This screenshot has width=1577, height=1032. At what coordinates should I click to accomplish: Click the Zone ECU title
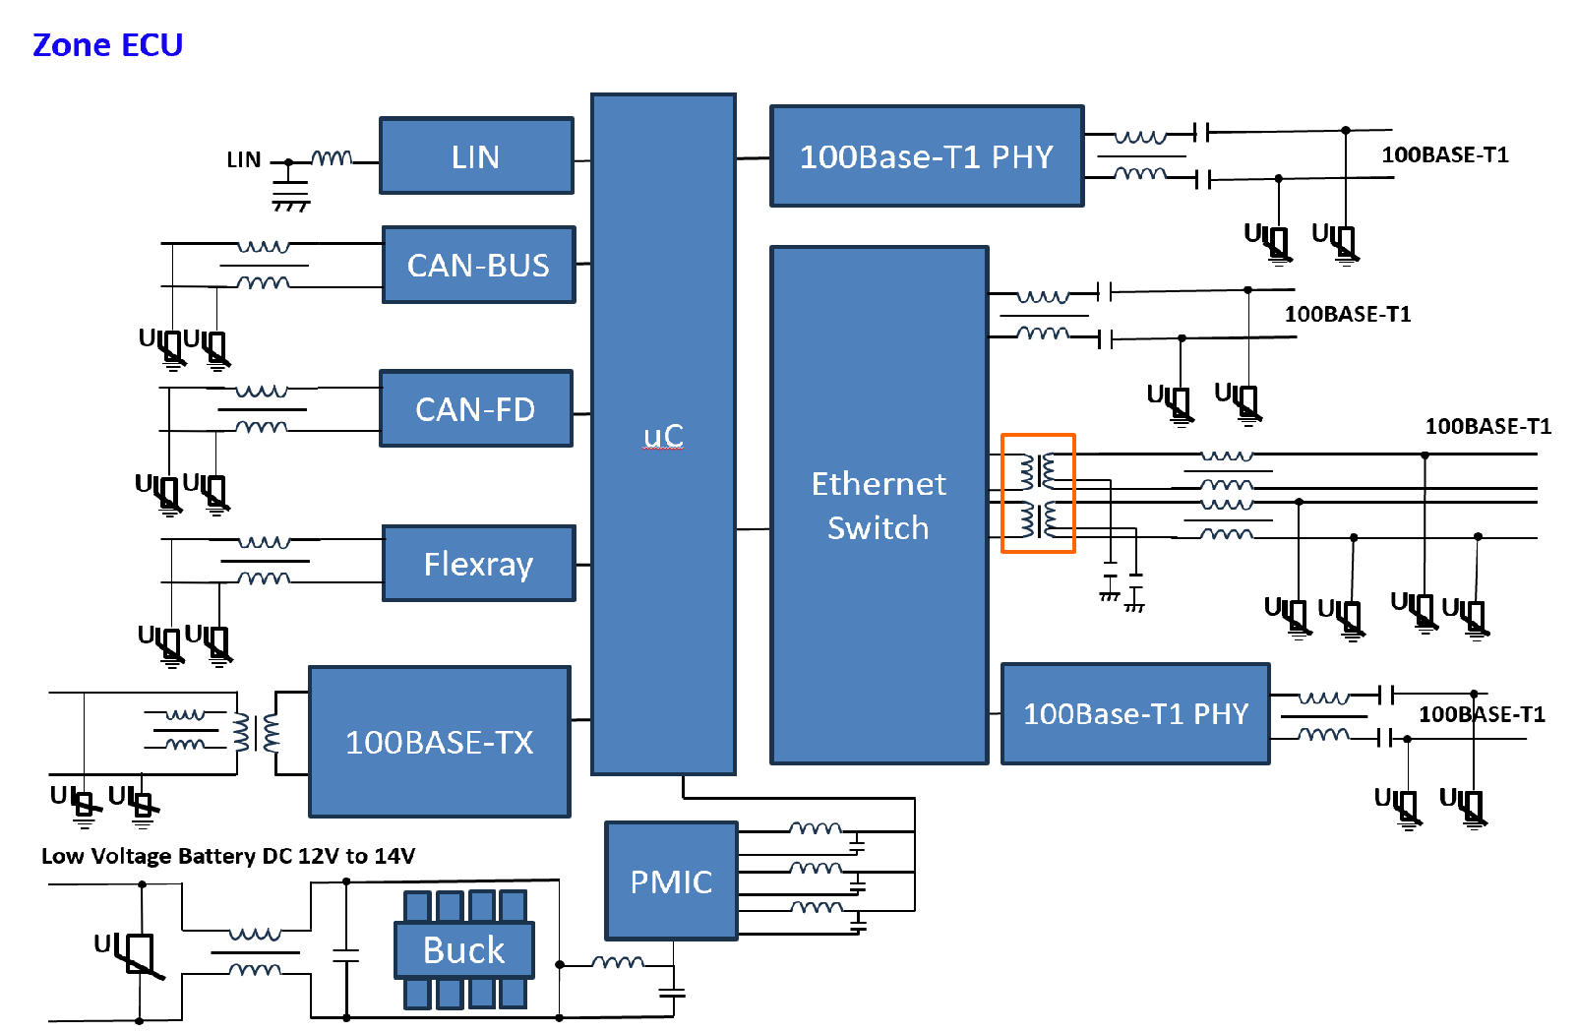[x=107, y=45]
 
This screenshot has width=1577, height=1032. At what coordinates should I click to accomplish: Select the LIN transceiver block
[x=476, y=156]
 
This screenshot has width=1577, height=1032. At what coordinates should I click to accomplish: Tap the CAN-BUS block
[x=478, y=266]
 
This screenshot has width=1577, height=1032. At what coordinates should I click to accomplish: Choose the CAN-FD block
[x=476, y=409]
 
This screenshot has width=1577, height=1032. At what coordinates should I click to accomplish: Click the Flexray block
[x=478, y=564]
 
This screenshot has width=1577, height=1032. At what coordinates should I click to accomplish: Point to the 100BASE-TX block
[x=439, y=742]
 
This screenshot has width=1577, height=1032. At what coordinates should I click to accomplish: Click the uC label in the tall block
[x=663, y=436]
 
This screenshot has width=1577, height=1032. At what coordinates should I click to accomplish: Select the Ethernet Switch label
[x=879, y=506]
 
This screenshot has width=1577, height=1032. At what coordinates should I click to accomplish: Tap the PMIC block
[x=671, y=881]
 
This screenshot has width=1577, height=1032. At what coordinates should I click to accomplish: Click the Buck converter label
[x=463, y=950]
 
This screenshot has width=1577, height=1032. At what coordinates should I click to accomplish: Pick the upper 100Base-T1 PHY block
[x=926, y=156]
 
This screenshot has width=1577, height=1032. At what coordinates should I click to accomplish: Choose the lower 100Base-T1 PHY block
[x=1135, y=714]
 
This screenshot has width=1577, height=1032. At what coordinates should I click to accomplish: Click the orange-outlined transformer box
[x=1038, y=493]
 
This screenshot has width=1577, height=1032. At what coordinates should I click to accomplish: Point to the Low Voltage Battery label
[x=228, y=856]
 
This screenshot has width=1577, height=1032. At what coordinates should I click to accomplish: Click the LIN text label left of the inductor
[x=244, y=160]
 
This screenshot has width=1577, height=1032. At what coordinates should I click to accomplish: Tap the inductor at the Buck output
[x=617, y=962]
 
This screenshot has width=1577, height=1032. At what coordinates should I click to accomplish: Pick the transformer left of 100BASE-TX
[x=256, y=733]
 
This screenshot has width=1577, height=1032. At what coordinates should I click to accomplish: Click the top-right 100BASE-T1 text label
[x=1444, y=155]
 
